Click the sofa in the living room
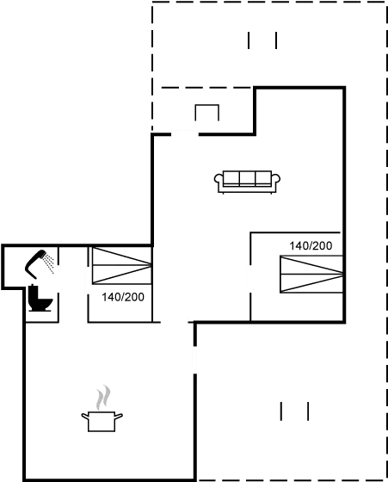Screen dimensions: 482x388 click(x=247, y=181)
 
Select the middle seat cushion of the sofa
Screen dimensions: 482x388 click(x=247, y=178)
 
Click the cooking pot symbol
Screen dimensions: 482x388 click(x=102, y=420)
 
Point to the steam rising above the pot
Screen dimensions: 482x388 click(x=102, y=398)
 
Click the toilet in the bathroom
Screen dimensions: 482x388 click(x=38, y=297)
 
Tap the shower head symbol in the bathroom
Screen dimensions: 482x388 click(x=43, y=259)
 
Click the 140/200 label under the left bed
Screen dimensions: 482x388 click(x=123, y=297)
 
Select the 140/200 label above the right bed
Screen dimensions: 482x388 click(x=311, y=246)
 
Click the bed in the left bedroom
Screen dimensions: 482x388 click(x=121, y=265)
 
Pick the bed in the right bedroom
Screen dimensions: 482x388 click(x=311, y=274)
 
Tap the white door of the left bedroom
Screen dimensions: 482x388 click(x=88, y=280)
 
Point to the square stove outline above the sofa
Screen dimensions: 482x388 click(x=206, y=113)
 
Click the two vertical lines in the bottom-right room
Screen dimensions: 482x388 click(x=293, y=411)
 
